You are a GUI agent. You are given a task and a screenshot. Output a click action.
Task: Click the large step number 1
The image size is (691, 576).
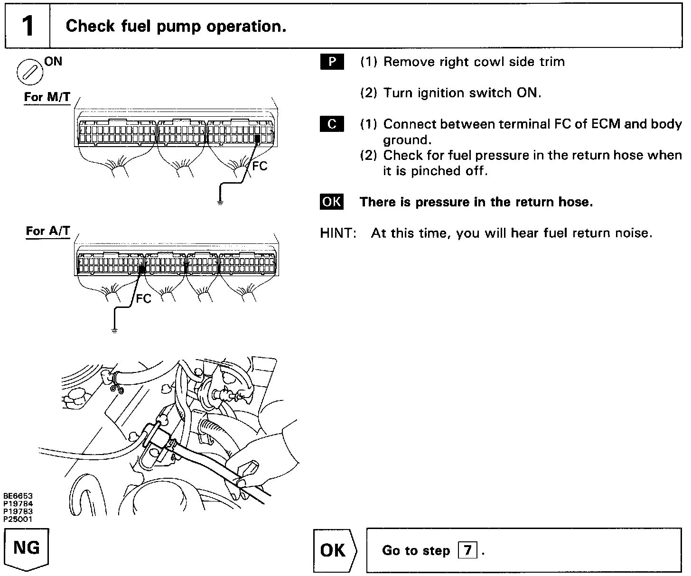coord(28,26)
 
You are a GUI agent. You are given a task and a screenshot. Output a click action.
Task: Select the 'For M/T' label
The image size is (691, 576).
coord(47,97)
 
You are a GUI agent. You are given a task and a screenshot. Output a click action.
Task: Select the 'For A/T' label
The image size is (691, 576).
coord(48,231)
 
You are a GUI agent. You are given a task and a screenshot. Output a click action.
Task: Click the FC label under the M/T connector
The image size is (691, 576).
coord(260,166)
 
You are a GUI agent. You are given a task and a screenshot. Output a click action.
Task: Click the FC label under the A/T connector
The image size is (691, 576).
coord(143,298)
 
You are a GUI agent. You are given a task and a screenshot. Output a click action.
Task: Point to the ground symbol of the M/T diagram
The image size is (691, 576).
coord(220,202)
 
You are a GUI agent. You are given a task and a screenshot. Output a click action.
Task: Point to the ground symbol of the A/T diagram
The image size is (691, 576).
coord(114,330)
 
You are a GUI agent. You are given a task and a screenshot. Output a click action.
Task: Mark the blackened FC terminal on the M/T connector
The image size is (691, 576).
coord(257,139)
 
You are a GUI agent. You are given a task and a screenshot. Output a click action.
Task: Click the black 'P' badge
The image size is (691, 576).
coord(332,62)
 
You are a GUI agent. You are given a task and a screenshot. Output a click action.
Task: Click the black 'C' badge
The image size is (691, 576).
coord(332,124)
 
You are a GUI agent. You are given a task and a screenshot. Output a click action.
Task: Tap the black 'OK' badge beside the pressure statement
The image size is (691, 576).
coord(332,202)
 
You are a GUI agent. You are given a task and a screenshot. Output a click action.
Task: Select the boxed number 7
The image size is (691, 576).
coord(467,550)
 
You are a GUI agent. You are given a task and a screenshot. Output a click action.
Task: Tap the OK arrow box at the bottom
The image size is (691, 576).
coord(334,550)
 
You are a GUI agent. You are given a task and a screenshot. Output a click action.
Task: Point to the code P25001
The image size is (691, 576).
coord(18,519)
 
